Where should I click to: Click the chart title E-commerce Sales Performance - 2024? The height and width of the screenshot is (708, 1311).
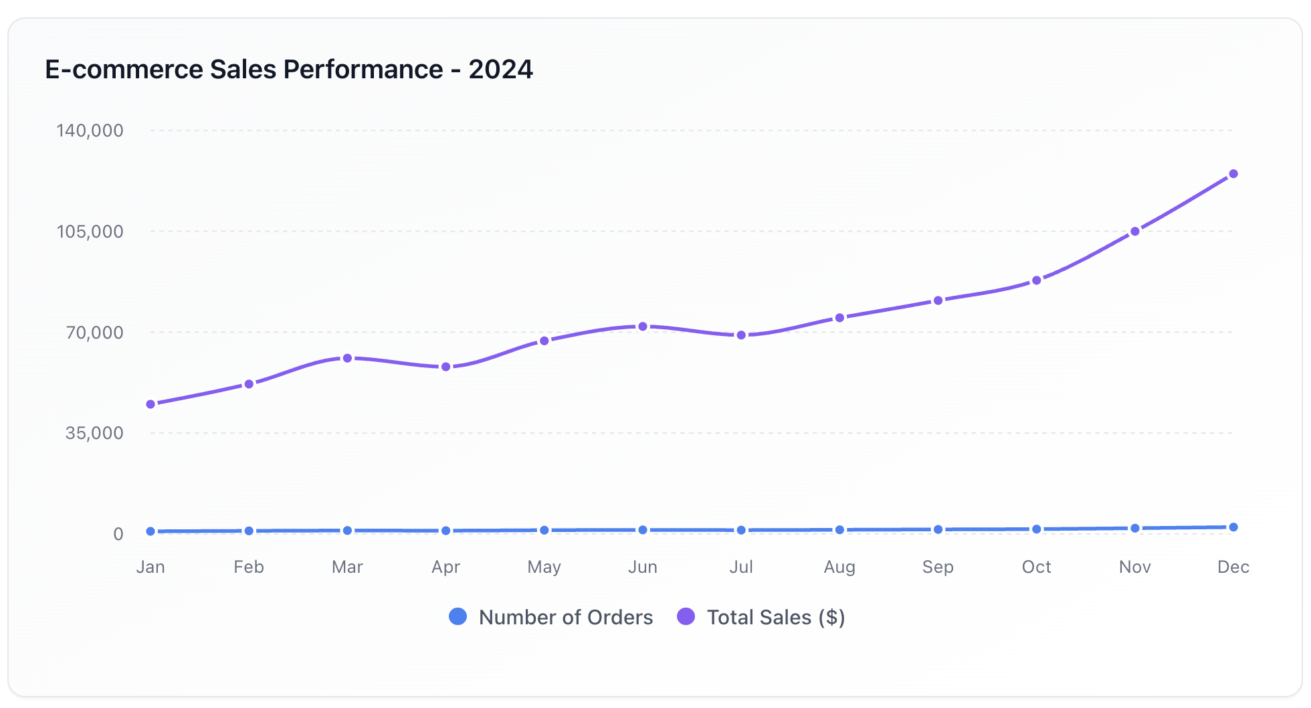pyautogui.click(x=288, y=70)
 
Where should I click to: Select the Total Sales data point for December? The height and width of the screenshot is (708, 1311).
pyautogui.click(x=1233, y=174)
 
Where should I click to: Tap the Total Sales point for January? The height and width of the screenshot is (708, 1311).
pyautogui.click(x=150, y=404)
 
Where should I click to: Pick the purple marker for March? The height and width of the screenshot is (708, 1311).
pyautogui.click(x=347, y=358)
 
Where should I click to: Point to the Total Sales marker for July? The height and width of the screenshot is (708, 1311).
pyautogui.click(x=741, y=335)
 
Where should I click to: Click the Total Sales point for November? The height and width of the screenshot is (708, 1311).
pyautogui.click(x=1135, y=232)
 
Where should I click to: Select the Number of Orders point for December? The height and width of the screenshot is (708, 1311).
pyautogui.click(x=1233, y=527)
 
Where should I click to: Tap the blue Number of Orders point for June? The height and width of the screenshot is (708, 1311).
pyautogui.click(x=643, y=530)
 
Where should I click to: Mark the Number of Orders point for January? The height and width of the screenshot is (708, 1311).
pyautogui.click(x=150, y=531)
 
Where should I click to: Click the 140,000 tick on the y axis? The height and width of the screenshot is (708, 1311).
pyautogui.click(x=90, y=130)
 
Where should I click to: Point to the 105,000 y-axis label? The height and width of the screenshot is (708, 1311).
pyautogui.click(x=90, y=232)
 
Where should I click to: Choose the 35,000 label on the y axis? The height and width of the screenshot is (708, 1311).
pyautogui.click(x=94, y=433)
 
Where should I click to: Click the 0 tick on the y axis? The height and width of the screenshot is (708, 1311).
pyautogui.click(x=118, y=534)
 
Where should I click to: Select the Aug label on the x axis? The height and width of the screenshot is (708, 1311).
pyautogui.click(x=839, y=567)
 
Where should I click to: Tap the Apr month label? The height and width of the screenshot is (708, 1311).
pyautogui.click(x=445, y=567)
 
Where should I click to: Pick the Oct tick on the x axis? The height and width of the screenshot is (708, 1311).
pyautogui.click(x=1036, y=567)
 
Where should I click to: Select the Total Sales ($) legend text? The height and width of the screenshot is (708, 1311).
pyautogui.click(x=776, y=617)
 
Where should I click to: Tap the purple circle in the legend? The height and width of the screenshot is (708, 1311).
pyautogui.click(x=686, y=616)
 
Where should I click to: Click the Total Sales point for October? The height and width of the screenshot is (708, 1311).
pyautogui.click(x=1036, y=280)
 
